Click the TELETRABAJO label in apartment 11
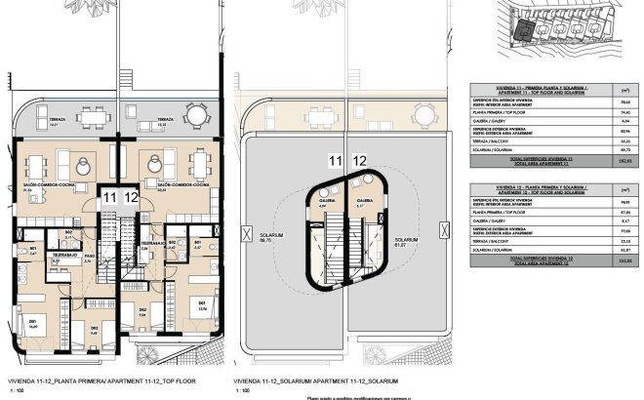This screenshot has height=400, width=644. [65, 254]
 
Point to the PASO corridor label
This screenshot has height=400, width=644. [88, 259]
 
